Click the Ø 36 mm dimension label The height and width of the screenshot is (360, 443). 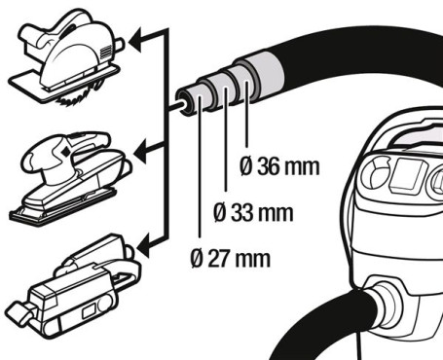(279, 166)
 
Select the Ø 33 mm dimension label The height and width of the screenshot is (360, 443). (253, 212)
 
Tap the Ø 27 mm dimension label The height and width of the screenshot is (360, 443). (230, 259)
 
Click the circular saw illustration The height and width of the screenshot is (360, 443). (66, 56)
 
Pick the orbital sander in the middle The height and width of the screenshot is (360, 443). (71, 177)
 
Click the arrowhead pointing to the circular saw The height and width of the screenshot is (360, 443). (135, 41)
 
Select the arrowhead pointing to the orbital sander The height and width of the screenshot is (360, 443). (140, 152)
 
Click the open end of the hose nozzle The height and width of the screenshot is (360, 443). (183, 101)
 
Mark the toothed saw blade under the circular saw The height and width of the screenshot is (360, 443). (76, 95)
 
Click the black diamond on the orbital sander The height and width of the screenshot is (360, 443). (65, 151)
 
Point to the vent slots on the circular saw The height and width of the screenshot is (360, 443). (107, 52)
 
